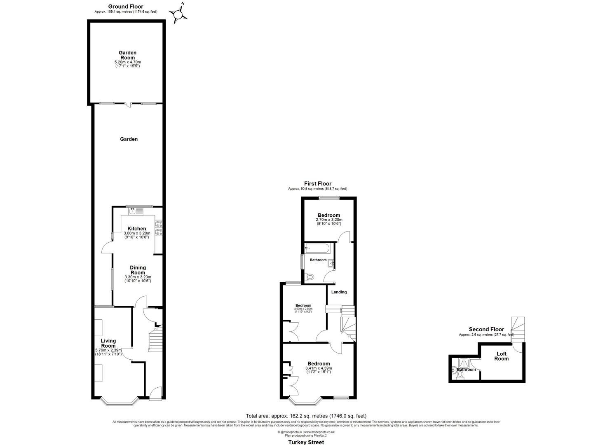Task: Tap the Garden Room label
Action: point(127,55)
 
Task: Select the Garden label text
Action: point(129,139)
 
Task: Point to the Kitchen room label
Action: point(136,229)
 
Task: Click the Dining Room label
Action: point(138,270)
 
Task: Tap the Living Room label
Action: point(108,343)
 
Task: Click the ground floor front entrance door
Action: point(156,394)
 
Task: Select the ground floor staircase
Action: point(156,341)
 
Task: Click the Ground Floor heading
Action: point(126,7)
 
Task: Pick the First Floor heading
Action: point(318,184)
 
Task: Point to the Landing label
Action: point(339,292)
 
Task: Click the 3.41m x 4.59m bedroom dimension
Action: point(319,368)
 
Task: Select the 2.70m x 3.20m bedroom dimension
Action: point(329,220)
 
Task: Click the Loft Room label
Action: point(502,356)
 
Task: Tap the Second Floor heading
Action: point(486,329)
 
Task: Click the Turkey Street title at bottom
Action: point(305,442)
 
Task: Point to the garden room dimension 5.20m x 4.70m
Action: point(127,62)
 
